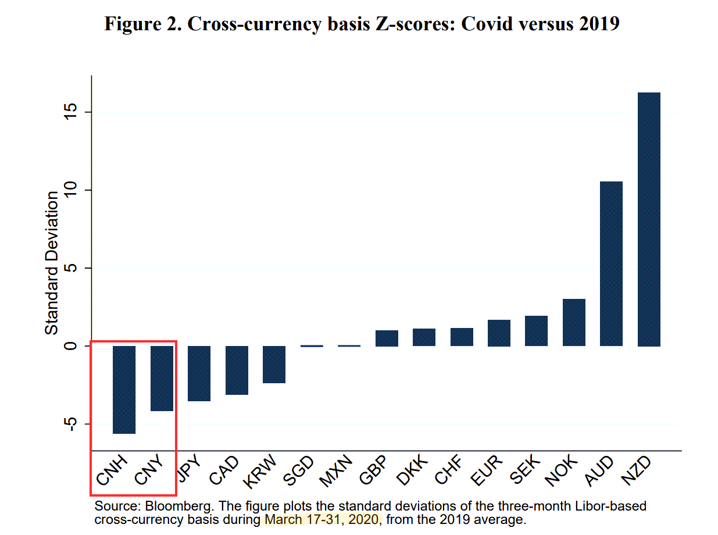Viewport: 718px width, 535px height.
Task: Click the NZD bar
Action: [649, 219]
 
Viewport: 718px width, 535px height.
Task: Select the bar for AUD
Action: [611, 263]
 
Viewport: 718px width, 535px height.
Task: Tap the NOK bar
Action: [574, 322]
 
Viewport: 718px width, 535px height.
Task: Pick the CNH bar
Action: [124, 390]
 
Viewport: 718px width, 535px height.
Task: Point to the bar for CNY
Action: [162, 378]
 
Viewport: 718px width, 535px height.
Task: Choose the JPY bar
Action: [199, 373]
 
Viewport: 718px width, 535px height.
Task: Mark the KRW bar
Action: [274, 364]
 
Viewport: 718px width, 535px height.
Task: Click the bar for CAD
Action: [237, 370]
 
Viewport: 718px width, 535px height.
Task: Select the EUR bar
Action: [499, 333]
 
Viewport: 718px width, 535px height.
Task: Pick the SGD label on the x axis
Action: [298, 471]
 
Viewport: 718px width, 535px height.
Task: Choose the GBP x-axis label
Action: [373, 471]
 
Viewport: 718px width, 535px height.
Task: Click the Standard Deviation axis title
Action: [52, 263]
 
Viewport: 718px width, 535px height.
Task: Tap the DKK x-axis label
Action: [411, 471]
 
